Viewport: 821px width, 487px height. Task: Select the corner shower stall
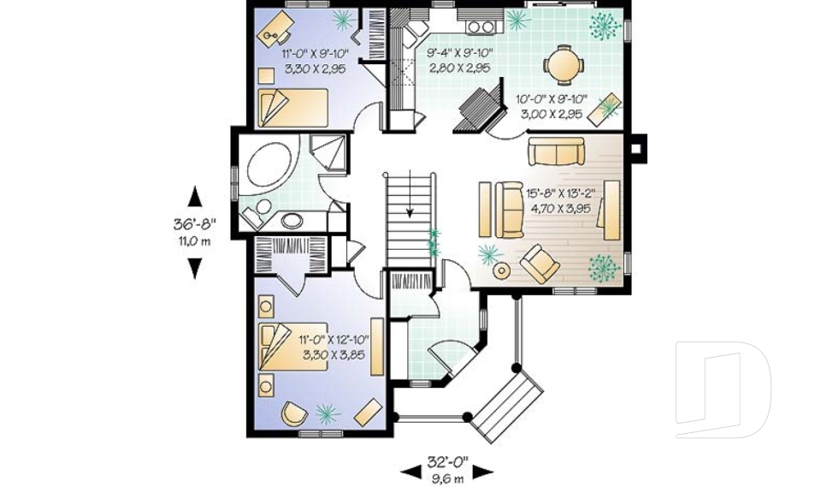tap(328, 153)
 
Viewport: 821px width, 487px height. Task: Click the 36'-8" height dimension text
tap(195, 224)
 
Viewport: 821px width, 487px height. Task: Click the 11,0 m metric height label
tap(195, 241)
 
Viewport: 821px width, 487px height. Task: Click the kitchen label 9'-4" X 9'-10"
tap(459, 53)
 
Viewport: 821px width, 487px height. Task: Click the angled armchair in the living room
tap(541, 263)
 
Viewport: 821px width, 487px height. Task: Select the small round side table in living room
tap(502, 270)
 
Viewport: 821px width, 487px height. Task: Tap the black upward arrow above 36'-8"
tap(195, 197)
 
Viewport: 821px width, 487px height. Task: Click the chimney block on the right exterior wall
tap(638, 146)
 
